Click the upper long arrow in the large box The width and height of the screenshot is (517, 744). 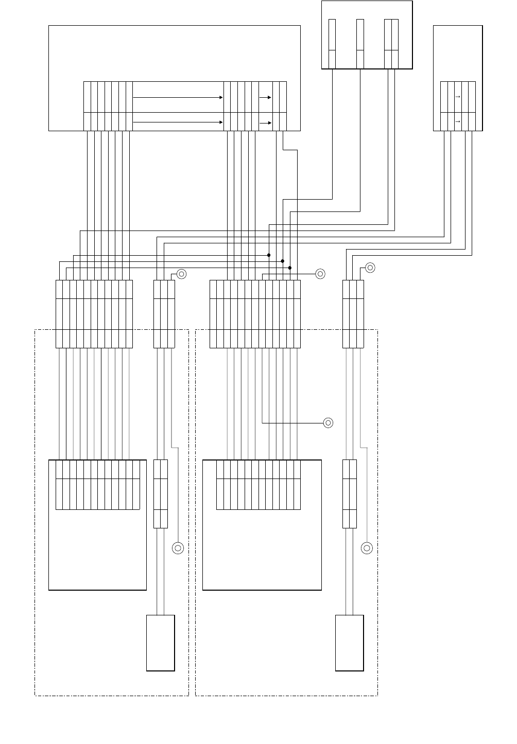178,97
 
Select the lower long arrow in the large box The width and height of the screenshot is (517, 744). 178,122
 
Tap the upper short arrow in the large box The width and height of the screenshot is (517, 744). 265,97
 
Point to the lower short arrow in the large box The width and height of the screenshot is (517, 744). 265,123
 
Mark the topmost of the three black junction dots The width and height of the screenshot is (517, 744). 269,255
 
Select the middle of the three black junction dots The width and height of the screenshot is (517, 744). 283,261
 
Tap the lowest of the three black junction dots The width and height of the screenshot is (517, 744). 290,268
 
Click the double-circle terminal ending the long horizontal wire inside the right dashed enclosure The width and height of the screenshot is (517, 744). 328,423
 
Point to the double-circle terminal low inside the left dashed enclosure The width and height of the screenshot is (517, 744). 178,548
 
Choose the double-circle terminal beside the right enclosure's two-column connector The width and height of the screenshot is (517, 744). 367,548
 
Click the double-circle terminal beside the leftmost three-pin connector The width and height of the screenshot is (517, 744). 181,274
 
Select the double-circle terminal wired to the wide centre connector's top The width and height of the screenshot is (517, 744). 320,274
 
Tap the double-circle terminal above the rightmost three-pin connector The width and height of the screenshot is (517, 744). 370,268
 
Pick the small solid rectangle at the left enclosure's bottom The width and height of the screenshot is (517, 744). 161,643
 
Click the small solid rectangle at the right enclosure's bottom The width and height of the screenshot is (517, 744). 349,643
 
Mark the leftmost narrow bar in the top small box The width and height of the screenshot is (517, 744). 332,43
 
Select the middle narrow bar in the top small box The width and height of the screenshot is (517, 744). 360,43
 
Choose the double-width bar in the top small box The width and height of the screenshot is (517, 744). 391,43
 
